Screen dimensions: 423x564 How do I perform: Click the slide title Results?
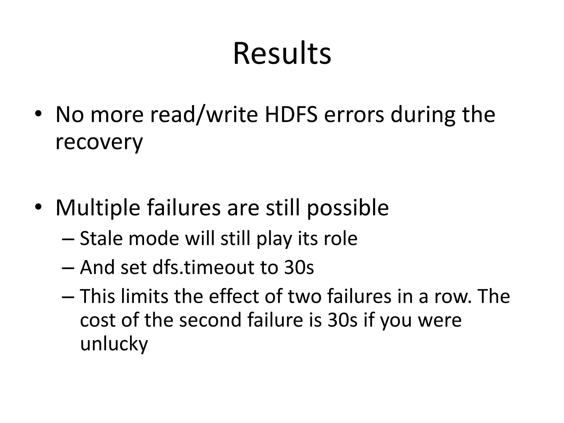(x=282, y=53)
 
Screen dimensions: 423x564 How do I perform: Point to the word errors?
(x=354, y=115)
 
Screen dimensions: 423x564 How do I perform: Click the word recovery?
(x=99, y=143)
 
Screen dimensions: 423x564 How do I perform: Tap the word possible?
(x=348, y=208)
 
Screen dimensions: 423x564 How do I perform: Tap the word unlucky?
(x=114, y=344)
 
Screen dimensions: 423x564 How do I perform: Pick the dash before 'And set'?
(x=68, y=268)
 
